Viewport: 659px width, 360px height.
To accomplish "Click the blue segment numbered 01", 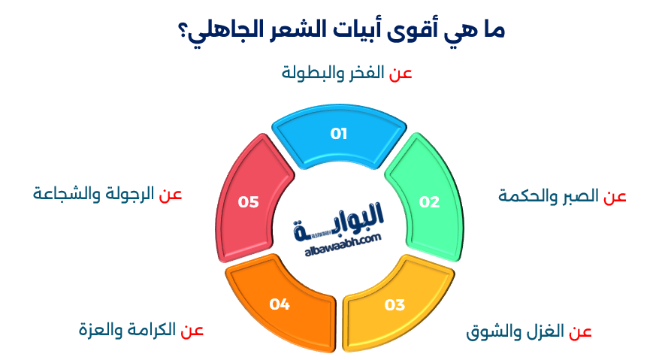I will pyautogui.click(x=339, y=135).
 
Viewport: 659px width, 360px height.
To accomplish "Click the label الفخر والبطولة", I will pyautogui.click(x=332, y=73).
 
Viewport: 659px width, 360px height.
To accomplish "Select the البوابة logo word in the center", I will pyautogui.click(x=342, y=218).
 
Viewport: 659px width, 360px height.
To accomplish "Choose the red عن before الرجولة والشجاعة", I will pyautogui.click(x=171, y=194).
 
